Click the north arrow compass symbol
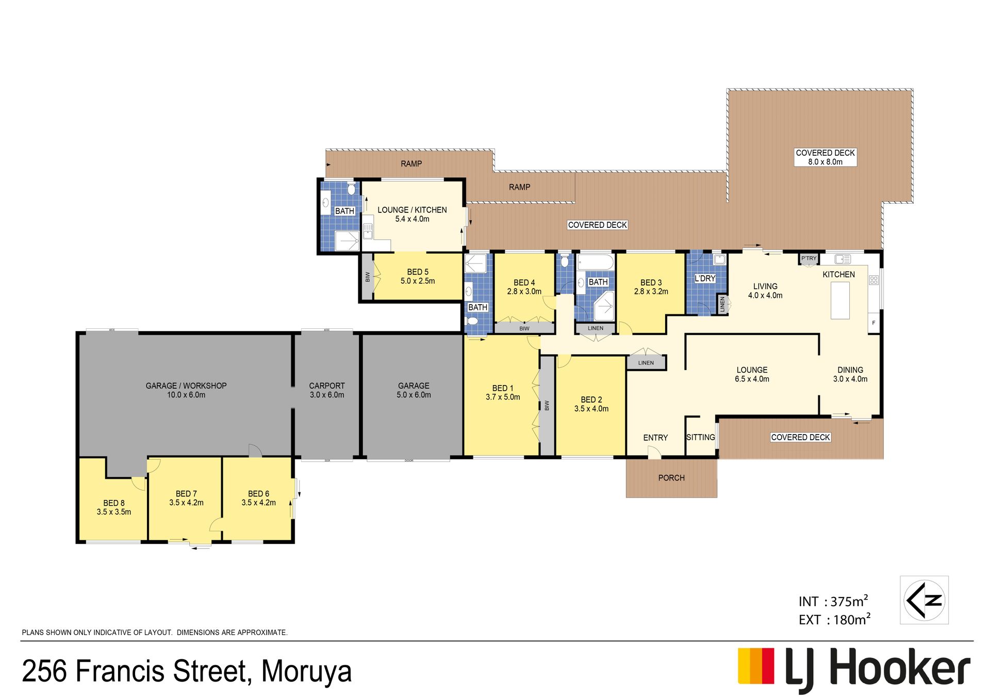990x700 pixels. (x=924, y=600)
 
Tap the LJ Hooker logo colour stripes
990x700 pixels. (x=756, y=665)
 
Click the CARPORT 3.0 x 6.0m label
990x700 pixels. (x=327, y=390)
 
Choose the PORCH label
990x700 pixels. (x=671, y=478)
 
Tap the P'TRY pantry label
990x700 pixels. (x=808, y=258)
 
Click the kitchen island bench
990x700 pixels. (x=840, y=300)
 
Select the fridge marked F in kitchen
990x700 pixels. (x=873, y=323)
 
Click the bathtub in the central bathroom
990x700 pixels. (x=596, y=262)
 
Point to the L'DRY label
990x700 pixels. (x=705, y=278)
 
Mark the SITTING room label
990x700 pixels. (x=701, y=437)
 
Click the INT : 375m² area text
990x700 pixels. (x=833, y=601)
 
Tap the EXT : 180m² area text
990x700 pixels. (x=834, y=619)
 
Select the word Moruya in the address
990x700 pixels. (x=306, y=671)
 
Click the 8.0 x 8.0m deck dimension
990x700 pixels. (x=825, y=162)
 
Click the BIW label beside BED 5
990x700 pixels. (x=368, y=277)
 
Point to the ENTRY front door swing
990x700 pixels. (x=654, y=452)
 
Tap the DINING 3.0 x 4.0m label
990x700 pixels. (x=850, y=374)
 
